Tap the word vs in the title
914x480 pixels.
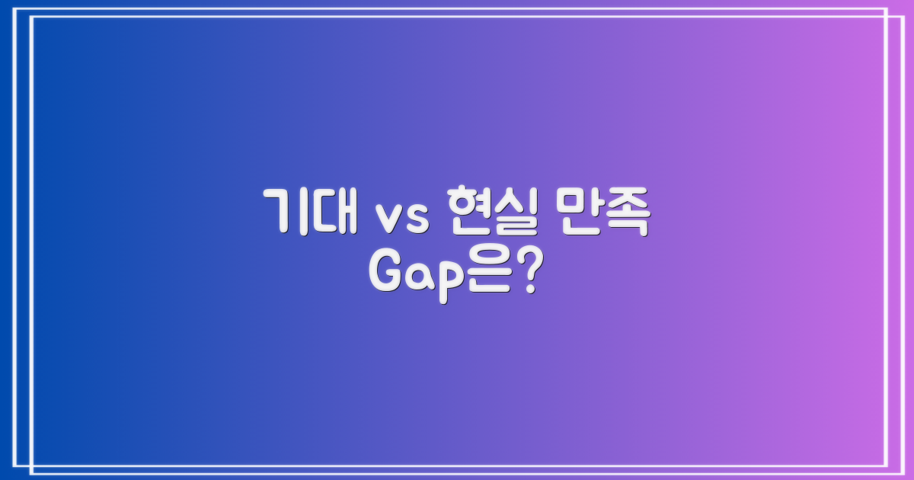tap(401, 217)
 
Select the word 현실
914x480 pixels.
tap(492, 211)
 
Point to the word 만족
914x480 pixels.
tap(602, 211)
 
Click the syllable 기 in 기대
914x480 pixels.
tap(286, 211)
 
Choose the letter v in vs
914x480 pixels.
tap(386, 218)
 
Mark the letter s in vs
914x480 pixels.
tap(416, 218)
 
